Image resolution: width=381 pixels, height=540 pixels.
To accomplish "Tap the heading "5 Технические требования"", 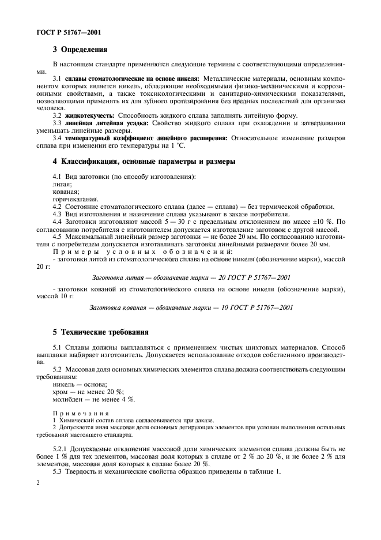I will coord(101,332).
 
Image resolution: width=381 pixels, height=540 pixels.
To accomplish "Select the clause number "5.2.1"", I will coord(62,448).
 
